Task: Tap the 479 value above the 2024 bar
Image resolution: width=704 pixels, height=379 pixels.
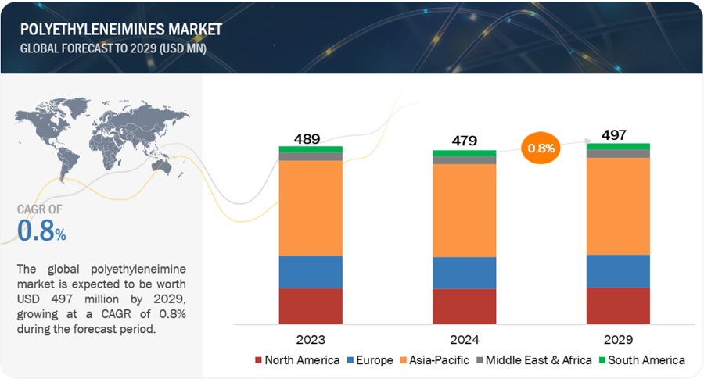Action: pyautogui.click(x=465, y=141)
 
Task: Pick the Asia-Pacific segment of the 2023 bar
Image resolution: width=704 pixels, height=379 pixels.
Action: pyautogui.click(x=311, y=208)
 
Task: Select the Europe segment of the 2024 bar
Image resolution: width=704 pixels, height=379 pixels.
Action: pyautogui.click(x=465, y=273)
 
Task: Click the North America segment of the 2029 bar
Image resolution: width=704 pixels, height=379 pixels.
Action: pyautogui.click(x=618, y=306)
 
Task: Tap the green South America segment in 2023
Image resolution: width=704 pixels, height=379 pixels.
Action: pyautogui.click(x=311, y=149)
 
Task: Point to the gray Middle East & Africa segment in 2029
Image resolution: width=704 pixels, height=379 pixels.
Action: pyautogui.click(x=618, y=153)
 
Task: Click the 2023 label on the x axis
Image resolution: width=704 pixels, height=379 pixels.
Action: pyautogui.click(x=311, y=340)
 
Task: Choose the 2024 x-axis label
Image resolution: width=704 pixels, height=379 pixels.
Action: pyautogui.click(x=465, y=340)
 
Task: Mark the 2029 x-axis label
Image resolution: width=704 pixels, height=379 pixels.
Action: pyautogui.click(x=618, y=340)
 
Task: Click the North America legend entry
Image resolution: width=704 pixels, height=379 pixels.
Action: pyautogui.click(x=297, y=360)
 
